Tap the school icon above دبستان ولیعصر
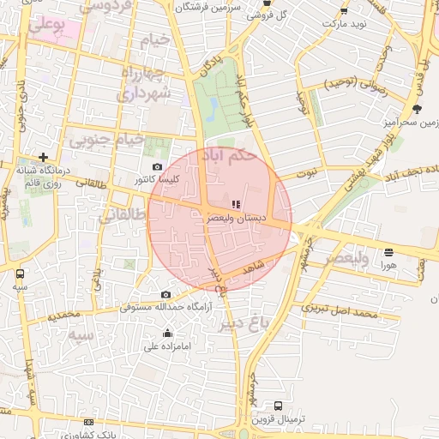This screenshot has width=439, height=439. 236,204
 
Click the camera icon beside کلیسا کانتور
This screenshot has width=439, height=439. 156,167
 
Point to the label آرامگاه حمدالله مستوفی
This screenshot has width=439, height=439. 165,306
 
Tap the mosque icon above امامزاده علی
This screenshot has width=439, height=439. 167,334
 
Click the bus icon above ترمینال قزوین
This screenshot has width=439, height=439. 278,406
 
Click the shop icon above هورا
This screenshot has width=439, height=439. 389,252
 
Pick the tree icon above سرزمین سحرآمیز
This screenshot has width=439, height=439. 417,109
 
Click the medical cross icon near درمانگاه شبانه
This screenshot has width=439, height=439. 43,157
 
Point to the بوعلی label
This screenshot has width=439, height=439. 46,27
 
